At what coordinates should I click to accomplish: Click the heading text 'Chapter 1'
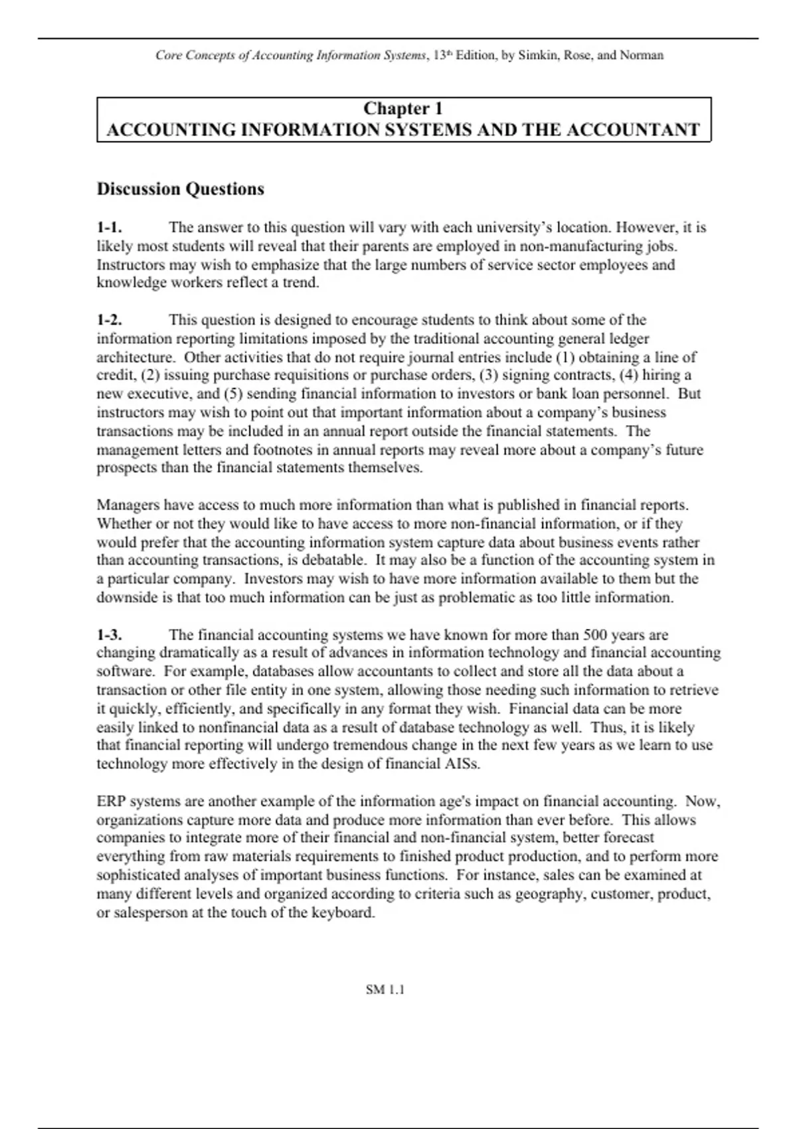[x=403, y=108]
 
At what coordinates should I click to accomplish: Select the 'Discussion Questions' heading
[x=181, y=189]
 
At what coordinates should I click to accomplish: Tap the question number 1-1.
[x=110, y=228]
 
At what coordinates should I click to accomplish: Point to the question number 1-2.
[x=110, y=320]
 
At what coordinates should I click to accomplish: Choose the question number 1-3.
[x=110, y=635]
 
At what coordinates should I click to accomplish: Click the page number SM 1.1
[x=385, y=990]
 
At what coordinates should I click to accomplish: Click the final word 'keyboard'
[x=345, y=912]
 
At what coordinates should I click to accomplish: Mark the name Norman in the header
[x=642, y=55]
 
